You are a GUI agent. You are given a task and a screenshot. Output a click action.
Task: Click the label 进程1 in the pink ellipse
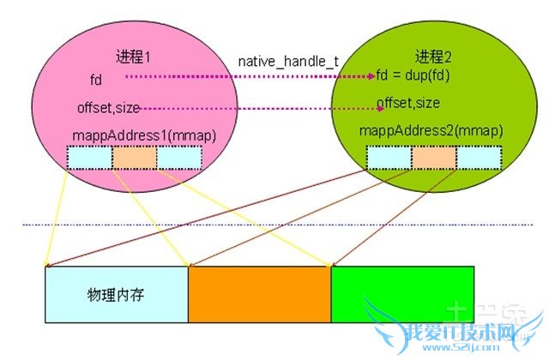click(133, 57)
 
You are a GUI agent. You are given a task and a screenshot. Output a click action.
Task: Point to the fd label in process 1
click(95, 79)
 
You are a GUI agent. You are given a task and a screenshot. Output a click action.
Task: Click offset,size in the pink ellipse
click(107, 108)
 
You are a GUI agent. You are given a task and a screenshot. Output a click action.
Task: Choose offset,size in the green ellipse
click(408, 104)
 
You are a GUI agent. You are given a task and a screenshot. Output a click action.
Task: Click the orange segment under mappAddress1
click(134, 158)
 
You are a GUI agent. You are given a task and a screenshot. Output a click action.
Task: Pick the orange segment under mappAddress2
click(434, 158)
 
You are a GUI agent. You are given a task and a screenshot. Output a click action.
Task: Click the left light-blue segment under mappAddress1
click(89, 158)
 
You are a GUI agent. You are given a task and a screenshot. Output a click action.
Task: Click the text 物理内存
click(113, 294)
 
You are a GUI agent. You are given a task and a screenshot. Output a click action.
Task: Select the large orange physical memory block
click(259, 294)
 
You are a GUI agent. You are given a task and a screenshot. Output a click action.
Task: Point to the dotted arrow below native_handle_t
click(249, 77)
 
